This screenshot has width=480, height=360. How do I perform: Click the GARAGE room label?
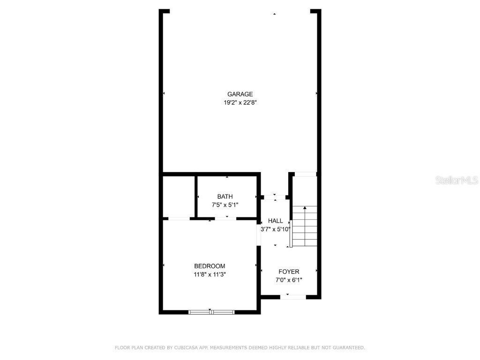tap(240, 94)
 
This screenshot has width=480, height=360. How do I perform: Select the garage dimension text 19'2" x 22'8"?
tap(240, 102)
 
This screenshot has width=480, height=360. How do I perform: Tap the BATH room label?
tap(225, 196)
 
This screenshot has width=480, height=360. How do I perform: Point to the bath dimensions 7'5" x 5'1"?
tap(225, 205)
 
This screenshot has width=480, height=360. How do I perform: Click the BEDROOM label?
tap(210, 266)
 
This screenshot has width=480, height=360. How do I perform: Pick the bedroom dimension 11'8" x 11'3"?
tap(210, 275)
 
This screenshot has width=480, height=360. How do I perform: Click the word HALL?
tap(276, 221)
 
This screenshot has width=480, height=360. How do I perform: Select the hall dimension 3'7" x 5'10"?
tap(276, 229)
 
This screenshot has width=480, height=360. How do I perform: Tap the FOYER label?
tap(289, 272)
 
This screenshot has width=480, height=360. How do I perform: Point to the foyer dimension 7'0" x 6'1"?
tap(289, 280)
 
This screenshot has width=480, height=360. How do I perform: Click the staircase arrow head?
tap(305, 208)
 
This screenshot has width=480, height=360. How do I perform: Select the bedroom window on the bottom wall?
tap(211, 312)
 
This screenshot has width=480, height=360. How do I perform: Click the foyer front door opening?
tap(293, 297)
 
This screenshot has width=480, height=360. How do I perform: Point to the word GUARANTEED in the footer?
tap(347, 348)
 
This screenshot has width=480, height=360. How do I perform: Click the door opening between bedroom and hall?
tap(258, 232)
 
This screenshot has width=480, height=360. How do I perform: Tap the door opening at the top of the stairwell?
tap(305, 174)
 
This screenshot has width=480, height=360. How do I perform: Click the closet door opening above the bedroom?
tap(179, 218)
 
